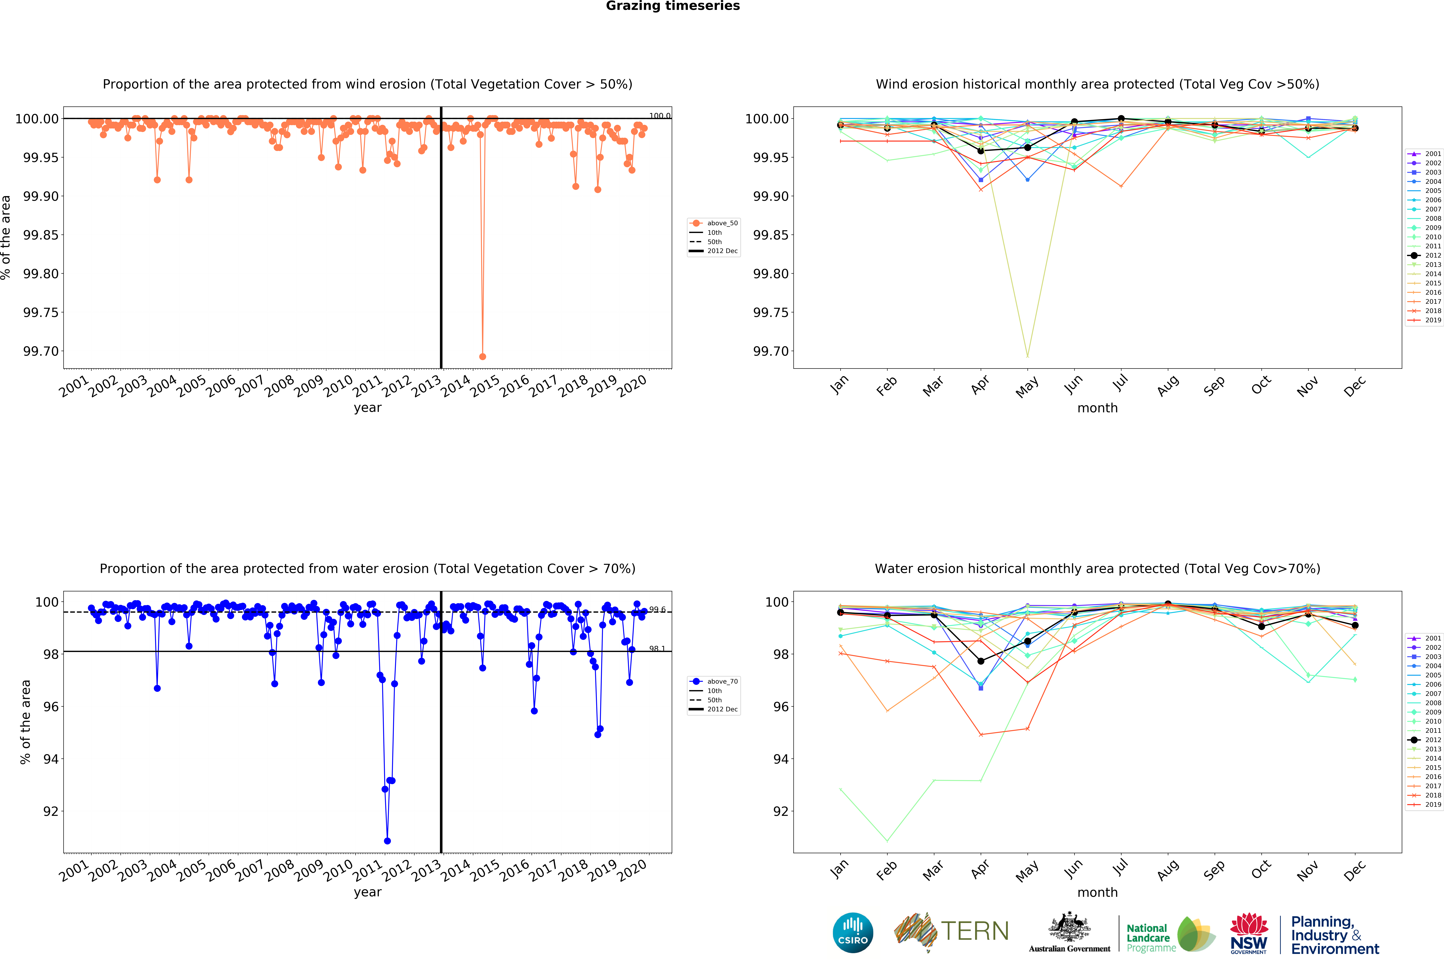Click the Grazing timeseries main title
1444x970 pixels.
[672, 6]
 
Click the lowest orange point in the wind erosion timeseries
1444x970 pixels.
[483, 356]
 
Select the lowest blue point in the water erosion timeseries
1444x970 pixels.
[387, 841]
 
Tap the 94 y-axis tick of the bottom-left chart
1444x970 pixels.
[51, 759]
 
